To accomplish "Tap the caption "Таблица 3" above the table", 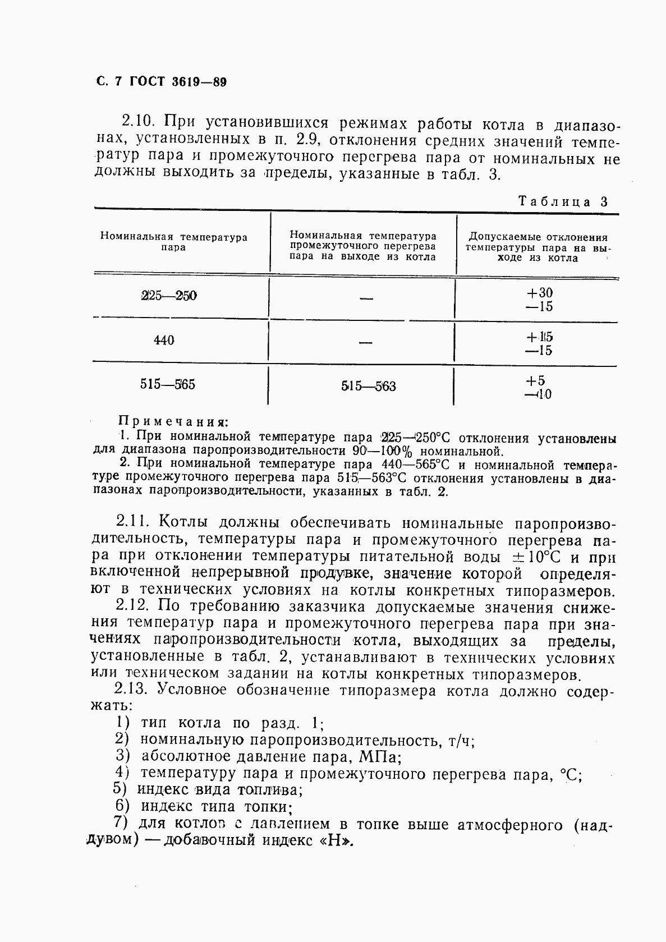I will pos(563,202).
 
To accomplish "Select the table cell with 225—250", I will pos(169,296).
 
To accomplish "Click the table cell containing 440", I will pos(164,340).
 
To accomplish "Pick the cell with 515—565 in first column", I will pos(168,385).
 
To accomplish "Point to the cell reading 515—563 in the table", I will pos(368,386).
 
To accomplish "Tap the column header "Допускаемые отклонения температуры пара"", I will pos(538,247).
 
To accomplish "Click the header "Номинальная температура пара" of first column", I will pos(174,242).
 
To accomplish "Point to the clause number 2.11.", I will pos(133,522).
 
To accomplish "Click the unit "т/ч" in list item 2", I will pos(462,741).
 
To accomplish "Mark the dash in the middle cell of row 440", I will pos(366,342).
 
